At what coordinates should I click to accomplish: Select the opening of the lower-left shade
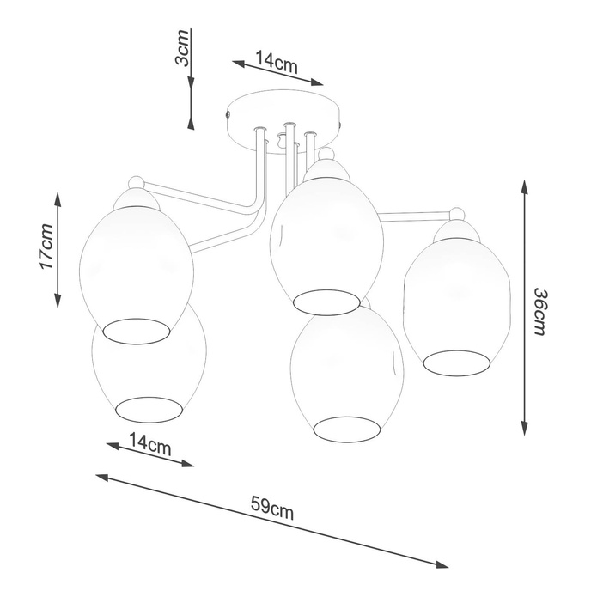click(x=150, y=410)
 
